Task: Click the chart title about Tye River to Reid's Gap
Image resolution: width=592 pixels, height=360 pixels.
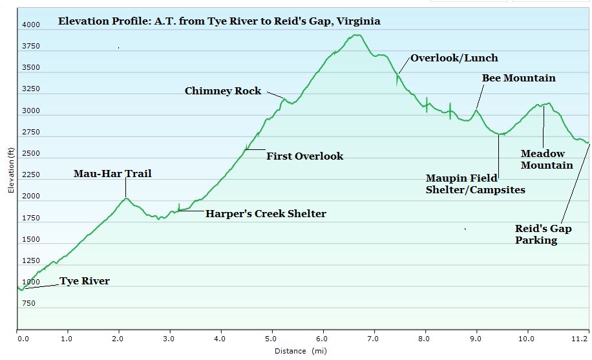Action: click(x=219, y=21)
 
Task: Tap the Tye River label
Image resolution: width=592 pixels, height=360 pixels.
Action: click(x=85, y=281)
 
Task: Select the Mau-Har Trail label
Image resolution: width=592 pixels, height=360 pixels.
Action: click(x=112, y=174)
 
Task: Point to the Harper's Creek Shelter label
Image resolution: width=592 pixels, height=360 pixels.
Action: click(x=266, y=214)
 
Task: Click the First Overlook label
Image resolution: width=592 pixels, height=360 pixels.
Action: click(x=304, y=156)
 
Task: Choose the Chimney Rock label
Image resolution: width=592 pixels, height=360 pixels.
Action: click(x=223, y=91)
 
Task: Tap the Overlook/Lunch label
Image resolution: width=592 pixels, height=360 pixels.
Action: click(x=454, y=58)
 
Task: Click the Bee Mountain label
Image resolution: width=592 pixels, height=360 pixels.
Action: click(x=518, y=78)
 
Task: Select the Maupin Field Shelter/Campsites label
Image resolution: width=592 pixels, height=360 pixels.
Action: click(x=475, y=184)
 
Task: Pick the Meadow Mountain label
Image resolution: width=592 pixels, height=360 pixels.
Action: click(x=547, y=160)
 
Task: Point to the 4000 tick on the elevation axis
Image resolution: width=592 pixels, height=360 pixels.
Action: click(x=31, y=25)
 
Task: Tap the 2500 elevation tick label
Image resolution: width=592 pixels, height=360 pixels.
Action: click(x=31, y=153)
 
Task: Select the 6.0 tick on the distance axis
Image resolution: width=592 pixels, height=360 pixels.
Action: click(x=322, y=339)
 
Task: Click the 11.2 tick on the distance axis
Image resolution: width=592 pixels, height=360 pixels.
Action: click(x=580, y=339)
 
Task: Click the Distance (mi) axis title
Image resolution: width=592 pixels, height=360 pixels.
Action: click(x=301, y=351)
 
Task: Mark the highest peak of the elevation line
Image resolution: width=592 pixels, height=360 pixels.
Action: click(x=357, y=35)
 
